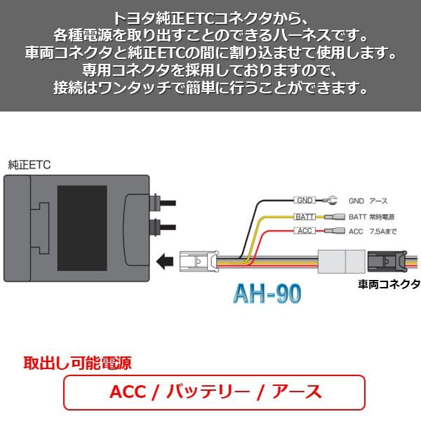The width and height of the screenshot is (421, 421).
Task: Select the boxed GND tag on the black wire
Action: pyautogui.click(x=304, y=200)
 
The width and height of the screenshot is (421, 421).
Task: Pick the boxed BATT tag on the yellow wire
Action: pyautogui.click(x=305, y=217)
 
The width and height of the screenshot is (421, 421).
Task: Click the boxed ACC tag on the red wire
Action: pyautogui.click(x=304, y=231)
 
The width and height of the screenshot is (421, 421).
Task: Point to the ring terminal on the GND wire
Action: pyautogui.click(x=333, y=200)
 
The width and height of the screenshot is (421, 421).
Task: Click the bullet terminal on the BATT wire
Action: pyautogui.click(x=338, y=217)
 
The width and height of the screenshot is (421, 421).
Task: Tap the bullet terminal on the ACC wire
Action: pyautogui.click(x=338, y=231)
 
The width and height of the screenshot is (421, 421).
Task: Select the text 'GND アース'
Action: pyautogui.click(x=368, y=201)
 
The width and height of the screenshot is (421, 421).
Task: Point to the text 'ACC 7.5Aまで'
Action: pyautogui.click(x=373, y=232)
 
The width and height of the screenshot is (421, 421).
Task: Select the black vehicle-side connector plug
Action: pyautogui.click(x=385, y=262)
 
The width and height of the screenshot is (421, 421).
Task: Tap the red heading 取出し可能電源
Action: pyautogui.click(x=77, y=363)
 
